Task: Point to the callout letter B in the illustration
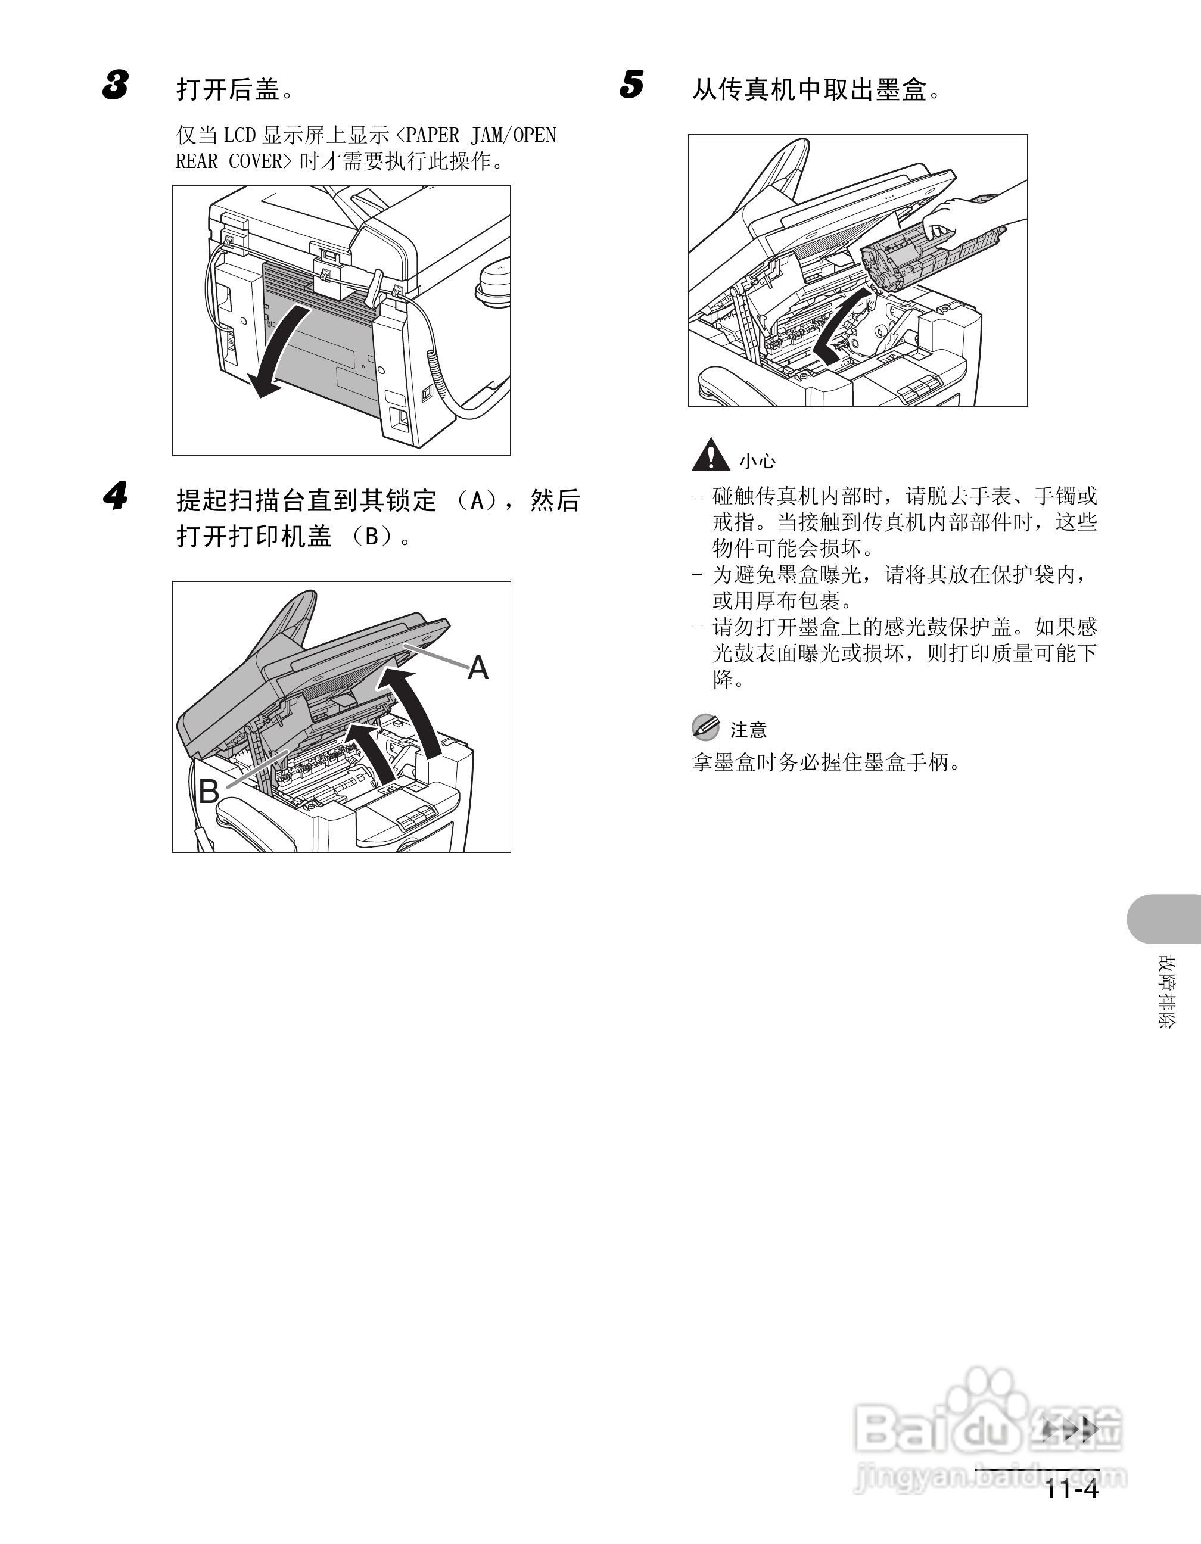pos(209,791)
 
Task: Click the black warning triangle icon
pos(711,455)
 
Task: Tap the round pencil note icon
pos(705,727)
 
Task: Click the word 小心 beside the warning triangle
pos(758,462)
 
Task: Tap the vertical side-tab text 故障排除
pos(1166,992)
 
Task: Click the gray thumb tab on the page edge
pos(1164,919)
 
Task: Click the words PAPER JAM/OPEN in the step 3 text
pos(481,135)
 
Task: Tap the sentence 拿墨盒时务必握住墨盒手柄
pos(826,762)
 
